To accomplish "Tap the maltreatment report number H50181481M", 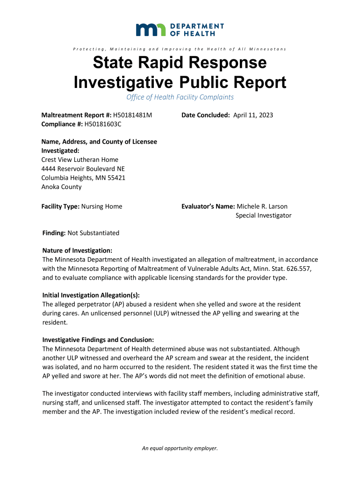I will (133, 115).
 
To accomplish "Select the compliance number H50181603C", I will (102, 124).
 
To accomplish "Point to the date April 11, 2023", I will (253, 115).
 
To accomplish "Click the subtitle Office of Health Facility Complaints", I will (180, 97).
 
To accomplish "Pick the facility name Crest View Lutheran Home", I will (80, 160).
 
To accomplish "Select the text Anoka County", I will (61, 187).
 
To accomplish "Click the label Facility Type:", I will (61, 206).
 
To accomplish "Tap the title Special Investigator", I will (263, 216).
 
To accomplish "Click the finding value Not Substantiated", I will (94, 233).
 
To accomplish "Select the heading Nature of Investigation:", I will (77, 251).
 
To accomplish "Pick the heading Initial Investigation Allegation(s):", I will (91, 295).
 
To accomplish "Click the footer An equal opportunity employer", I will (180, 449).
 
